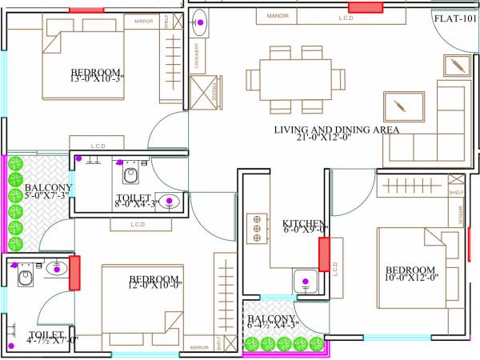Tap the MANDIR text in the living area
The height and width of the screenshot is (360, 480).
tap(278, 16)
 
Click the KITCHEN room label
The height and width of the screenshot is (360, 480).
tap(303, 223)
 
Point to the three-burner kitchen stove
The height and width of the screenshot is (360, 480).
tap(258, 228)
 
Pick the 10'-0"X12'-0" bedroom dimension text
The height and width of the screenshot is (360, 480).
tap(409, 280)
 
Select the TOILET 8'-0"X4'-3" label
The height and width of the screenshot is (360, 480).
tap(133, 202)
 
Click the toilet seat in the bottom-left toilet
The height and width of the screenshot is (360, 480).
tap(25, 278)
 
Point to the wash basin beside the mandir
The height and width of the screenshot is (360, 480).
tap(202, 23)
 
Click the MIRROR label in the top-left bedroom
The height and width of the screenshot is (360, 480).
tap(144, 21)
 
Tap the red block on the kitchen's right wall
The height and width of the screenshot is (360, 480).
tap(324, 254)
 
